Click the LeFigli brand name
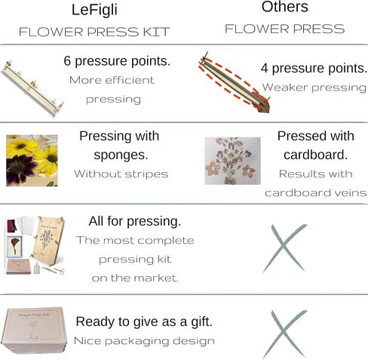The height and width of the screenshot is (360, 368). [x=94, y=11]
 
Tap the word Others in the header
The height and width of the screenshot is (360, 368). [x=285, y=7]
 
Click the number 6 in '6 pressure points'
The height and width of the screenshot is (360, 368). [x=67, y=61]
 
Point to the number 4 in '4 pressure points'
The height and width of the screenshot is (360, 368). [x=264, y=68]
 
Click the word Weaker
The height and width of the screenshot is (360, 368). [x=285, y=88]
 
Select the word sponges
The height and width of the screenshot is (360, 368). [x=121, y=155]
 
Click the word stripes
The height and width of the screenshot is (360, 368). [x=146, y=174]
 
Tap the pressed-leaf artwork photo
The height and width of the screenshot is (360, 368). [x=232, y=161]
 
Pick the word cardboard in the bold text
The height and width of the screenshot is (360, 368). [x=315, y=155]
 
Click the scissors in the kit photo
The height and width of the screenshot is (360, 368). [x=54, y=270]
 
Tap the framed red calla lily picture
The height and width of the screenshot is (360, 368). [x=14, y=247]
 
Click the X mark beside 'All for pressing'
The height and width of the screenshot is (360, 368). [x=284, y=248]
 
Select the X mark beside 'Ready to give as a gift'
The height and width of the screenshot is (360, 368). [x=284, y=334]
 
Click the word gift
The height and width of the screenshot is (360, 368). [x=201, y=322]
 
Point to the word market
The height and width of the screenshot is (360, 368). [x=156, y=278]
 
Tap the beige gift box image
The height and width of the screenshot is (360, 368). [x=34, y=330]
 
